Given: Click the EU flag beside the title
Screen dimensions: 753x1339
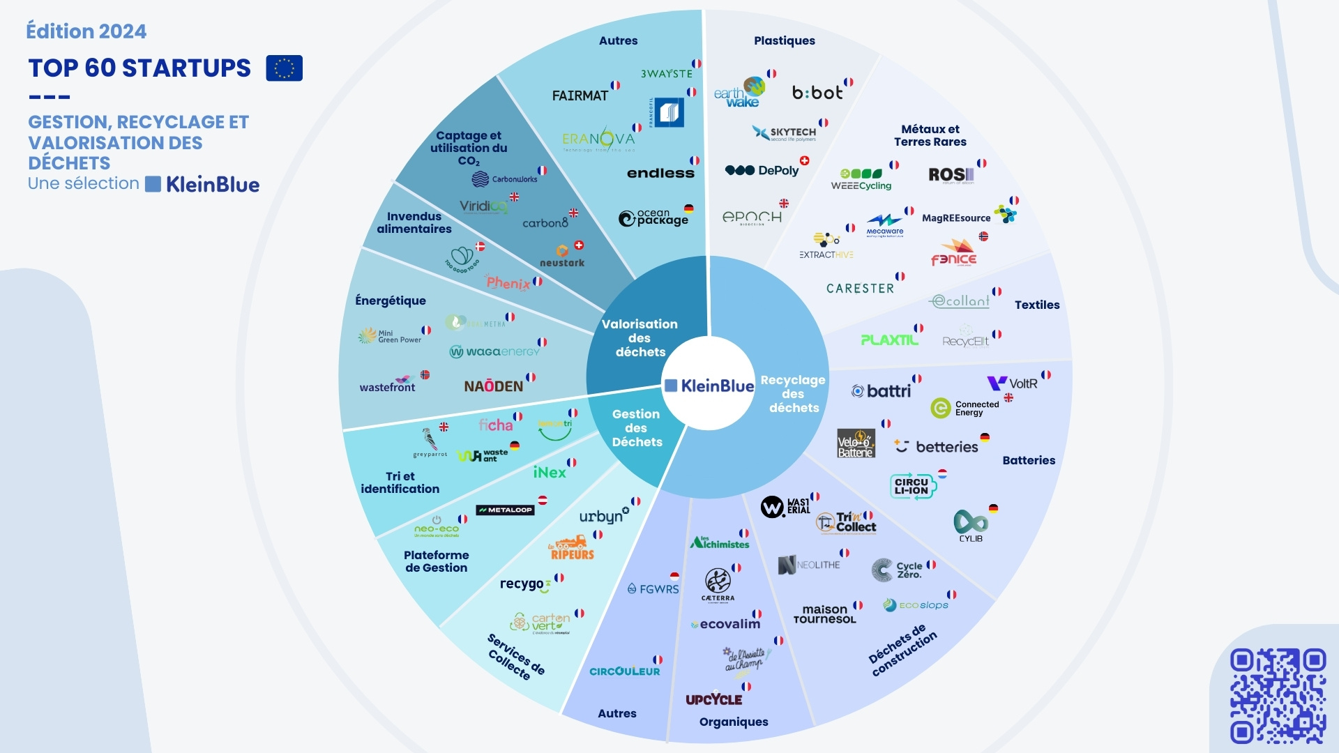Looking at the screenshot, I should (x=284, y=68).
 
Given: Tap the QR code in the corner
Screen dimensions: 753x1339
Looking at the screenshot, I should (x=1278, y=696).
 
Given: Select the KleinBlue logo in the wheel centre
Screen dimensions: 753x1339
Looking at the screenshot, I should (x=709, y=386).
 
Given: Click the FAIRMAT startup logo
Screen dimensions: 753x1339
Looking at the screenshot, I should (x=580, y=96).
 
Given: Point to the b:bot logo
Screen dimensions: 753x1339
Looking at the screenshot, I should (x=817, y=93).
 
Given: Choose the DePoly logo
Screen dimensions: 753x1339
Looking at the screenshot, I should (x=762, y=171).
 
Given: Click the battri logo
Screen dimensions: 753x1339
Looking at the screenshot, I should (x=882, y=391).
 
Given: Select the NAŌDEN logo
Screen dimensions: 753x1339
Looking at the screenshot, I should (x=493, y=386).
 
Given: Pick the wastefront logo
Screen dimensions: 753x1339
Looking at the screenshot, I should (x=388, y=386).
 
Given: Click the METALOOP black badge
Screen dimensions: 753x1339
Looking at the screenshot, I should (x=505, y=510).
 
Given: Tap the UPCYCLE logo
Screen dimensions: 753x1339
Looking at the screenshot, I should (x=713, y=699).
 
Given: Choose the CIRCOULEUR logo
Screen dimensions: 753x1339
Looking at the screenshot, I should (x=624, y=671).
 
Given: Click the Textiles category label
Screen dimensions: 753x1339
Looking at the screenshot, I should (x=1037, y=305).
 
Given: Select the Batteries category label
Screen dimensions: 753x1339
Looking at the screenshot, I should (x=1029, y=460).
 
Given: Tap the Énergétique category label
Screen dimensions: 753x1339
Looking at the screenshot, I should (x=391, y=301).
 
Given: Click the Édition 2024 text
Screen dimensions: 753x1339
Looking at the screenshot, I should (x=86, y=31).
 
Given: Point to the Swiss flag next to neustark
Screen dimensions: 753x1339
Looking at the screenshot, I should (x=579, y=245).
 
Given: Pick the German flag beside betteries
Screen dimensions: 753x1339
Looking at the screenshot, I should (x=985, y=438).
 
